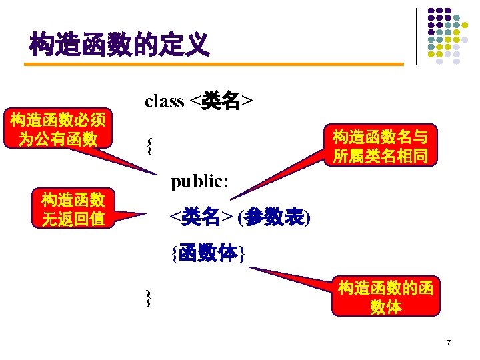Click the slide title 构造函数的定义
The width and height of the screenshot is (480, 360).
(x=119, y=45)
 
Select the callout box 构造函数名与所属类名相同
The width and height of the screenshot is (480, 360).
(x=380, y=147)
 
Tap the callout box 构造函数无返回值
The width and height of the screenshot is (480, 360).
(x=73, y=209)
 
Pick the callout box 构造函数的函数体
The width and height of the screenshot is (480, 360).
(x=385, y=297)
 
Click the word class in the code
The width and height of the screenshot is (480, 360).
(x=164, y=101)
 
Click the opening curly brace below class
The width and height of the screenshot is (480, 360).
(x=149, y=145)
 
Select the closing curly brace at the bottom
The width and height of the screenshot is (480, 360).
(x=149, y=298)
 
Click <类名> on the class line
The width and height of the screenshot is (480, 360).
(x=221, y=101)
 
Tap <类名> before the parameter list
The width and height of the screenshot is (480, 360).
(x=201, y=217)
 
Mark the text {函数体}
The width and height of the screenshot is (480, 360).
(x=208, y=253)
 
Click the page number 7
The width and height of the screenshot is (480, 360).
(x=449, y=343)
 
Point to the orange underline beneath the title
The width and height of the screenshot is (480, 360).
(x=213, y=65)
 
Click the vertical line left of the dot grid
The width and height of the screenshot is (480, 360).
(x=416, y=36)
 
